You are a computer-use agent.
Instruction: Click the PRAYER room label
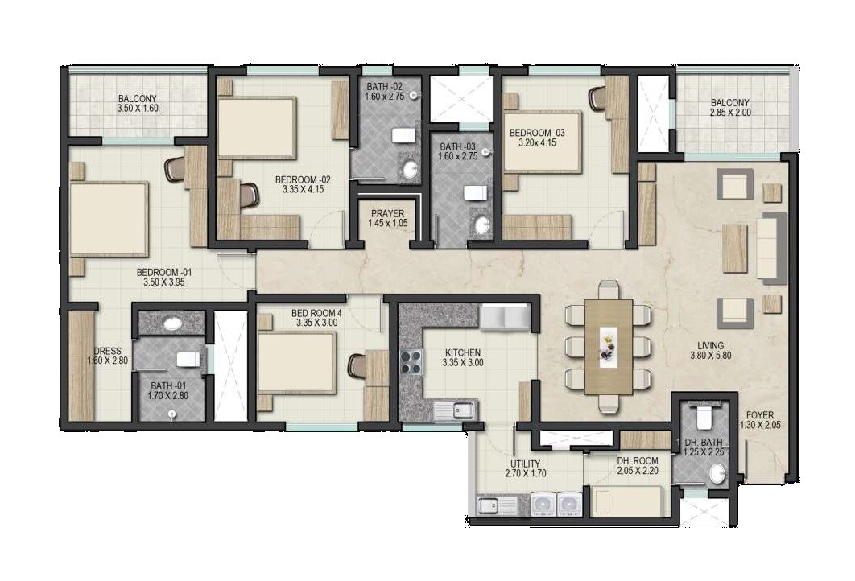(386, 213)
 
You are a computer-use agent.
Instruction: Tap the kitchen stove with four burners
(411, 362)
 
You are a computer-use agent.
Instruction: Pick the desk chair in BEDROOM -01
(175, 169)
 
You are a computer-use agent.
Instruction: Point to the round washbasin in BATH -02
(410, 169)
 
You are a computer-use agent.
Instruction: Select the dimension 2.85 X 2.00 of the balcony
(729, 113)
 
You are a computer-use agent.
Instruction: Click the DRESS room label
(107, 351)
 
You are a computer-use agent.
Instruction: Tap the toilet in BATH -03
(475, 192)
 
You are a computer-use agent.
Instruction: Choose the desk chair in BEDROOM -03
(597, 97)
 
